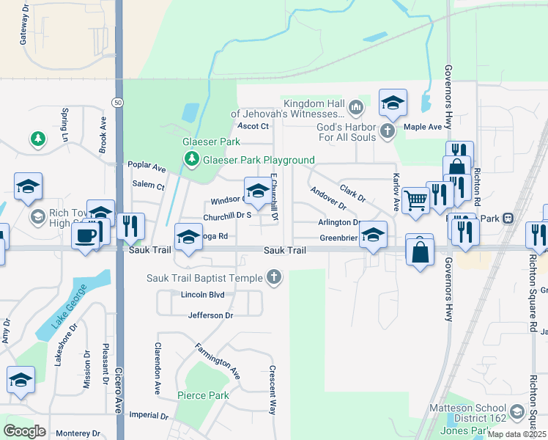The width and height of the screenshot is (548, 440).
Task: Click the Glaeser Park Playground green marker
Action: click(x=191, y=159)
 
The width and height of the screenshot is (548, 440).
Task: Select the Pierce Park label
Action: click(x=203, y=395)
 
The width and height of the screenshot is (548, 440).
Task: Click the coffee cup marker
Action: click(x=86, y=236)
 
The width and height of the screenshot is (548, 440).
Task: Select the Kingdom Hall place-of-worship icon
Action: click(x=357, y=109)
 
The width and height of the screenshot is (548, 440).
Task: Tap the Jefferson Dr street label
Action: click(x=210, y=315)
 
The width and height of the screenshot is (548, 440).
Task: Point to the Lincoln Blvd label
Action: click(x=201, y=296)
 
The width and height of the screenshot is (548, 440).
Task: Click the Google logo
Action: click(x=24, y=430)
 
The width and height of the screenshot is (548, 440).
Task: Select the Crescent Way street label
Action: click(x=273, y=389)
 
